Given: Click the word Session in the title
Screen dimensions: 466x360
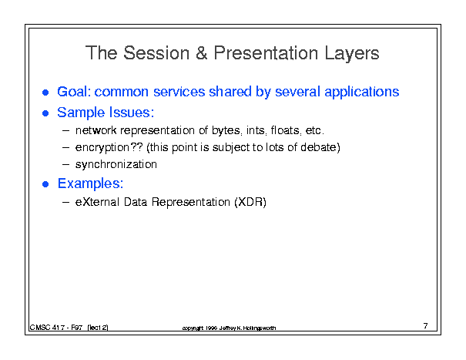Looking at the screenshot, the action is (x=156, y=53).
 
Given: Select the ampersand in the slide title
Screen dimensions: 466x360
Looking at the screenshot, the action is (x=202, y=53).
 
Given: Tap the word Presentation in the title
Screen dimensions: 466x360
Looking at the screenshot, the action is (x=266, y=53).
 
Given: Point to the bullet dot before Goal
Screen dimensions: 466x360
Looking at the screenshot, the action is (x=45, y=93).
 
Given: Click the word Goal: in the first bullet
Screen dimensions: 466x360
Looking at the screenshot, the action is (x=74, y=91).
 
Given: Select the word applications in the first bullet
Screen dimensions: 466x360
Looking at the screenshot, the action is (x=362, y=93).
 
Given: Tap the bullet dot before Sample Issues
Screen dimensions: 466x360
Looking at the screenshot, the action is (x=45, y=113).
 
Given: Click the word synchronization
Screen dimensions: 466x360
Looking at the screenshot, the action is (x=116, y=165).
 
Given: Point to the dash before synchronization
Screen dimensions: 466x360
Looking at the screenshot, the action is (x=66, y=164).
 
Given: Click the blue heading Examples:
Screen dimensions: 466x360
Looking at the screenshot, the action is (x=90, y=184).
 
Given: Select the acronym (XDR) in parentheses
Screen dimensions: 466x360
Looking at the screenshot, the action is (x=250, y=202).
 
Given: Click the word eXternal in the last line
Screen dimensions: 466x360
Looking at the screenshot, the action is (x=97, y=202).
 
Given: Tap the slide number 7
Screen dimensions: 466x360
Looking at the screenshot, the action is (x=426, y=326).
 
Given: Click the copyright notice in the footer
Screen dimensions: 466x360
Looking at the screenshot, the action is (x=229, y=328).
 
